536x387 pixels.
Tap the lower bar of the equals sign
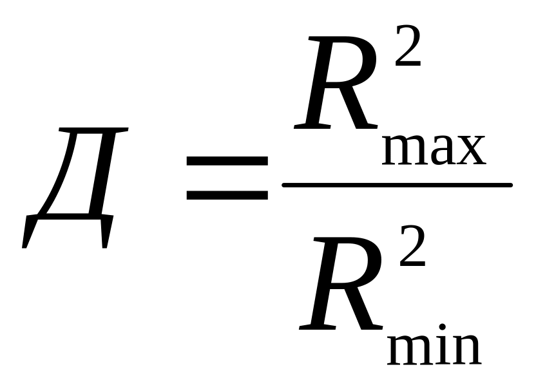pyautogui.click(x=227, y=193)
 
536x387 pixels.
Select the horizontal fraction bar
pyautogui.click(x=397, y=185)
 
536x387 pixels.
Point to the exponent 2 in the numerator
pyautogui.click(x=408, y=48)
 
